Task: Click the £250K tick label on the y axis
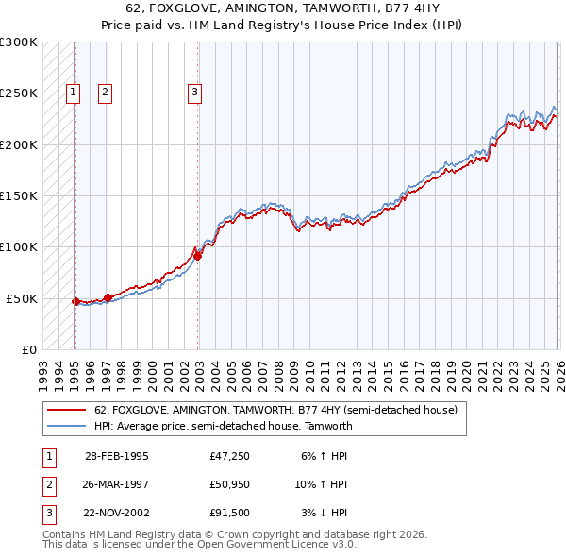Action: pyautogui.click(x=18, y=93)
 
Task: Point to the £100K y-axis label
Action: pyautogui.click(x=18, y=247)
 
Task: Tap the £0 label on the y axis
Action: pyautogui.click(x=27, y=349)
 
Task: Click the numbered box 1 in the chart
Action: pyautogui.click(x=74, y=93)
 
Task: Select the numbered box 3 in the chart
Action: pyautogui.click(x=193, y=93)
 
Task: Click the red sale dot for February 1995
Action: pyautogui.click(x=75, y=301)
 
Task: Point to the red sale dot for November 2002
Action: pyautogui.click(x=197, y=255)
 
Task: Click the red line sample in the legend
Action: pyautogui.click(x=66, y=410)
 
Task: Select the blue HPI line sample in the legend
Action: pyautogui.click(x=66, y=426)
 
